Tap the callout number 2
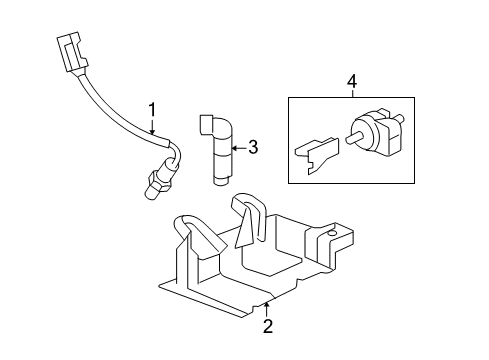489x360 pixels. tap(267, 325)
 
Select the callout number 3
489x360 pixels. tap(252, 148)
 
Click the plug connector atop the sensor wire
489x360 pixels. tap(70, 55)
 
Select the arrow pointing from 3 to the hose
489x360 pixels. tap(236, 149)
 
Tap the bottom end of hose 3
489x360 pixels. tap(220, 181)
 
